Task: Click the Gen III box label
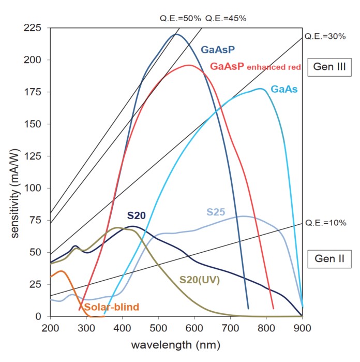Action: point(329,66)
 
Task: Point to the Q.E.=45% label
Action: point(226,18)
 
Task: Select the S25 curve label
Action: point(216,212)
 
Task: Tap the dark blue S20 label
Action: point(137,215)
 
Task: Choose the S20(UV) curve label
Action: point(199,280)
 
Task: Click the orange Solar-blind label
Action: point(112,307)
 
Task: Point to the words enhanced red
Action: point(275,67)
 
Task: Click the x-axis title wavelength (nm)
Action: point(176,344)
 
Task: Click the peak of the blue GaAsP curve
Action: point(176,35)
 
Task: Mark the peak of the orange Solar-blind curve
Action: point(62,271)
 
